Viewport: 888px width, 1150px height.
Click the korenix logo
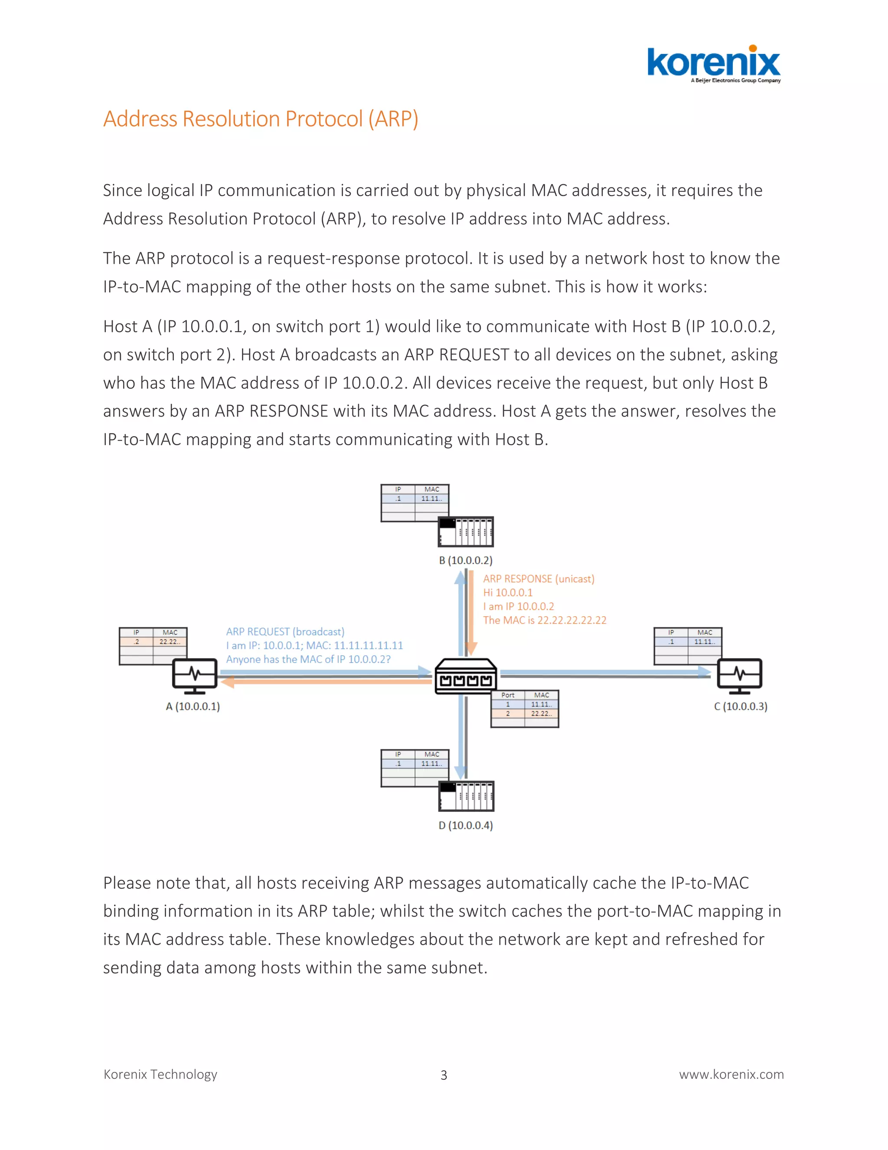[713, 64]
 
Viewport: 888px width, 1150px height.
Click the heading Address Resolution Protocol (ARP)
[261, 119]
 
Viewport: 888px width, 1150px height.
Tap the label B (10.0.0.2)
[466, 560]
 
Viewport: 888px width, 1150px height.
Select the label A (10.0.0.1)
[193, 706]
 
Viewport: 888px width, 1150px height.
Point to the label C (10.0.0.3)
[740, 706]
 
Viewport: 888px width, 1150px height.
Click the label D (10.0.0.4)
[466, 825]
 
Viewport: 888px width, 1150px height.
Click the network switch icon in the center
[466, 677]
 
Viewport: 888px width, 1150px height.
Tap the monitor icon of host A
[195, 675]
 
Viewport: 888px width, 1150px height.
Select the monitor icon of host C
[739, 675]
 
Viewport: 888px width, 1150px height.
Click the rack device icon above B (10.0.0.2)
[466, 532]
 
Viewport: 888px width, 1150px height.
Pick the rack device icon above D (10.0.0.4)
[466, 796]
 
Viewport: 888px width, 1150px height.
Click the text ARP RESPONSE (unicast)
[539, 578]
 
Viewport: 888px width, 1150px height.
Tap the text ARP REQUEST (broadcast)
[285, 631]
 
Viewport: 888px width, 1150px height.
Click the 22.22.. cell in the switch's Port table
[541, 714]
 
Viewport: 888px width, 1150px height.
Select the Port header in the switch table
[508, 695]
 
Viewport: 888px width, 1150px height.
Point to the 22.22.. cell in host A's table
[170, 642]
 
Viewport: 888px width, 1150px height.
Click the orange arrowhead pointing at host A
[227, 683]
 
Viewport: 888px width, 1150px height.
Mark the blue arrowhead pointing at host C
[705, 671]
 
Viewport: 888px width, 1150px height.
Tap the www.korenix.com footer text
[731, 1074]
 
